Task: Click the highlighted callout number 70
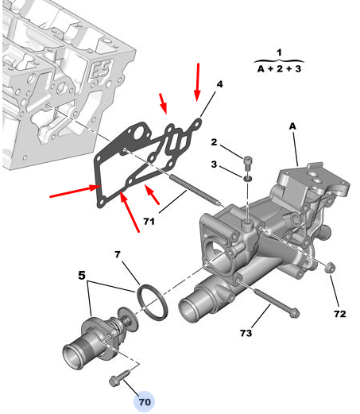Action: click(145, 402)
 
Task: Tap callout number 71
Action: click(149, 221)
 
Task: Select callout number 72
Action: click(340, 314)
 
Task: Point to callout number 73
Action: click(246, 333)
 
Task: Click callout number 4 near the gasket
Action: click(219, 84)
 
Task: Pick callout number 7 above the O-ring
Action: click(118, 254)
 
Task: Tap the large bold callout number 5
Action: click(82, 276)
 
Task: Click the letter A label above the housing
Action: click(292, 126)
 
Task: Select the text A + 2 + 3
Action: click(279, 69)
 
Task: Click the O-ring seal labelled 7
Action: click(152, 302)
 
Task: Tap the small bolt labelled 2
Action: click(248, 163)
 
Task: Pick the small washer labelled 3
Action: click(248, 178)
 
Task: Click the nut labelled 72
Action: click(330, 267)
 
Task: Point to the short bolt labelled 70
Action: click(119, 378)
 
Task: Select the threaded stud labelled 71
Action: click(195, 190)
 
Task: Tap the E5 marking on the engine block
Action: click(100, 69)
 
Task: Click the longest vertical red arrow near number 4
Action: click(197, 83)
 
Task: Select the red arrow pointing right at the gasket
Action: click(75, 192)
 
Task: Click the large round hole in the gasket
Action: click(139, 134)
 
